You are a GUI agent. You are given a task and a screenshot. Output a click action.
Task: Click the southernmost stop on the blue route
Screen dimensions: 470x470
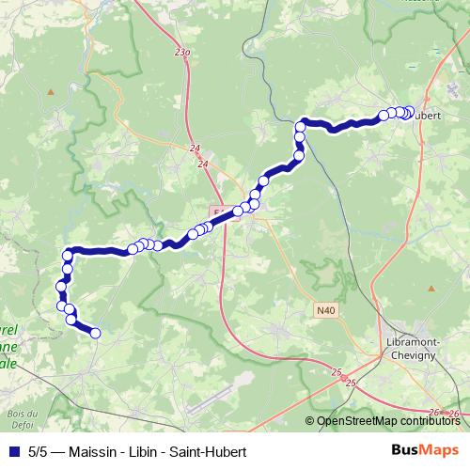pos(94,332)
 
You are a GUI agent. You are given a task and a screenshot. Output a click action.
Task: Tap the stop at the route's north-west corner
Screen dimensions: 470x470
pos(68,255)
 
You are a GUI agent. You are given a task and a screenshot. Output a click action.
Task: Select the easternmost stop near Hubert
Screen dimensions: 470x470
pos(409,112)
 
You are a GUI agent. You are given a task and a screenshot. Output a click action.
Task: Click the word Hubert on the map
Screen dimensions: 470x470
pos(427,117)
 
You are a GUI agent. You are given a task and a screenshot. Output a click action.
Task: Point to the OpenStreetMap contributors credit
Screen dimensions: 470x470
pos(389,421)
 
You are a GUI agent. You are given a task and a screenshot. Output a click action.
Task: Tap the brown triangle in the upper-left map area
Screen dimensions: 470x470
pos(52,91)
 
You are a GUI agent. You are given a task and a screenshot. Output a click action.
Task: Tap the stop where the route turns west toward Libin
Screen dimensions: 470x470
pos(303,125)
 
